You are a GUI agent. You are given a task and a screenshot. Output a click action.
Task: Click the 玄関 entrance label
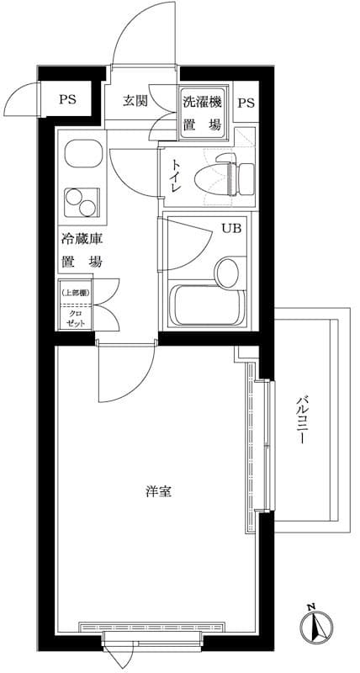tap(135, 101)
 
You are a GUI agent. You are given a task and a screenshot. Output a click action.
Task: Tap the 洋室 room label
tap(157, 490)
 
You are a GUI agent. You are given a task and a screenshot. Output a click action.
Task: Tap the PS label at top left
tap(67, 99)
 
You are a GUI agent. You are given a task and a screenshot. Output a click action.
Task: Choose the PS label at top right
tap(246, 103)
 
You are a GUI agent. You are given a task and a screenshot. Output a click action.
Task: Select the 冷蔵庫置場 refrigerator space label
tap(81, 250)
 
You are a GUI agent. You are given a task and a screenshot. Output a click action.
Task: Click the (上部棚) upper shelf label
tap(76, 293)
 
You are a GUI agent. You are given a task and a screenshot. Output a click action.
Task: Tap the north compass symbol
tap(312, 624)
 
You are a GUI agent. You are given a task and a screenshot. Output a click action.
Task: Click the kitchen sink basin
tap(81, 156)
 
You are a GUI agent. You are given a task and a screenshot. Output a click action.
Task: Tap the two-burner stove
tap(82, 201)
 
